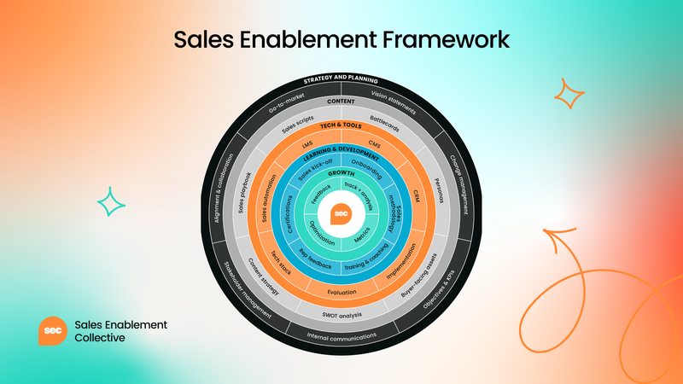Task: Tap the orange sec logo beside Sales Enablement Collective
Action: click(x=53, y=331)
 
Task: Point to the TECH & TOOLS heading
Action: click(x=341, y=125)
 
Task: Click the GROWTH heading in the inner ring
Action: click(x=341, y=174)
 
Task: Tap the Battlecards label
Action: click(x=386, y=119)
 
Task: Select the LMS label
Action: click(x=307, y=143)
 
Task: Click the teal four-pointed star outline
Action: click(x=111, y=201)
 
